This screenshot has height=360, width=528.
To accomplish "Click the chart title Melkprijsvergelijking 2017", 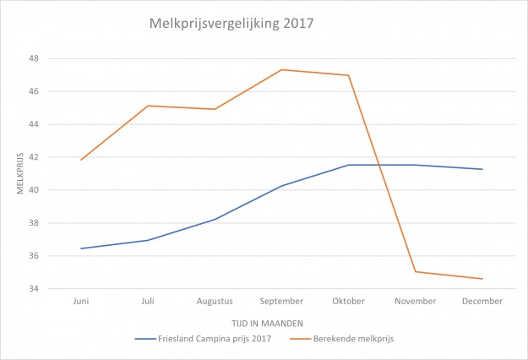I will pyautogui.click(x=231, y=24).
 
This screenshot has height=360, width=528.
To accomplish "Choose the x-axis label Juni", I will pyautogui.click(x=81, y=301).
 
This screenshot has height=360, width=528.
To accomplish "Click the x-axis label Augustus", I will pyautogui.click(x=215, y=301).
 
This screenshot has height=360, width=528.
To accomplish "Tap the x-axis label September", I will pyautogui.click(x=281, y=301).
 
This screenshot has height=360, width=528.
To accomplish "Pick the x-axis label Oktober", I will pyautogui.click(x=348, y=301).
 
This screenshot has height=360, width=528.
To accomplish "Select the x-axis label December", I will pyautogui.click(x=482, y=301).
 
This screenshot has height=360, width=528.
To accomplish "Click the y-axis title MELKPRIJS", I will pyautogui.click(x=21, y=174).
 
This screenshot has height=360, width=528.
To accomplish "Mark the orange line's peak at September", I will pyautogui.click(x=281, y=69).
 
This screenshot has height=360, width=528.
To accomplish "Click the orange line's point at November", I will pyautogui.click(x=416, y=271).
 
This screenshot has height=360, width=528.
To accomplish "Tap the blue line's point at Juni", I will pyautogui.click(x=81, y=248).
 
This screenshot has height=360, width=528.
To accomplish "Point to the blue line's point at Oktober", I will pyautogui.click(x=348, y=165).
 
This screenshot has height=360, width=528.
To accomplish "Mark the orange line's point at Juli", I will pyautogui.click(x=148, y=106).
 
